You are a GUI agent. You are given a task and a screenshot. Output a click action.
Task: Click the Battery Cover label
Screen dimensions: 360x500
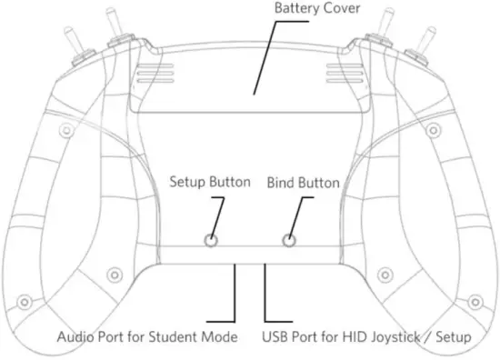pos(318,9)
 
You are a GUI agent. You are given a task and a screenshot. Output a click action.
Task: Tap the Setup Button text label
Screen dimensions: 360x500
pos(210,182)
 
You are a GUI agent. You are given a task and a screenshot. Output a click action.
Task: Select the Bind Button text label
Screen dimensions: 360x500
pos(303,183)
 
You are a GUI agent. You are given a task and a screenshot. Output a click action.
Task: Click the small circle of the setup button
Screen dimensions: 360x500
pos(211,241)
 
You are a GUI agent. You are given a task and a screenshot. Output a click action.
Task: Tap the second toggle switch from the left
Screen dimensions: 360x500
pos(115,32)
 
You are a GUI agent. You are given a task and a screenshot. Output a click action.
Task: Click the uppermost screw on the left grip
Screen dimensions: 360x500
pos(65,132)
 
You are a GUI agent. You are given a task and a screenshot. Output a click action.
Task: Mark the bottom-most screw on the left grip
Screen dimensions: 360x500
pos(25,301)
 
